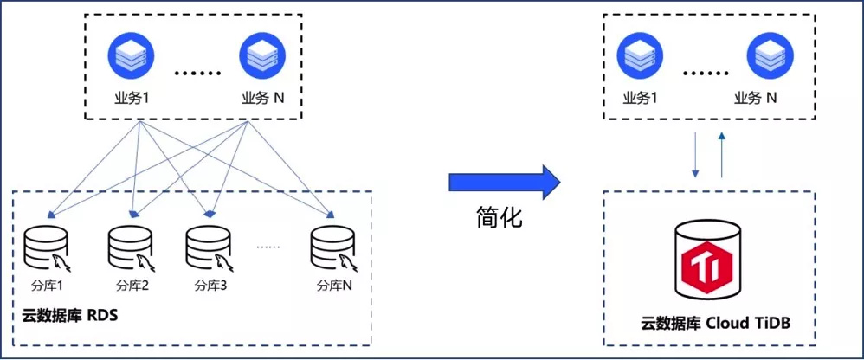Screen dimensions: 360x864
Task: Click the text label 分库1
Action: [x=48, y=286]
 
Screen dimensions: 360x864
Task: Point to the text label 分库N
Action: [x=334, y=286]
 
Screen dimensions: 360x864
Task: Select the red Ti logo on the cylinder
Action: [x=707, y=264]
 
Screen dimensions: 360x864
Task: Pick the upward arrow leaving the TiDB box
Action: [x=722, y=156]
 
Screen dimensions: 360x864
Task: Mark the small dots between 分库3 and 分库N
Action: [x=268, y=247]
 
